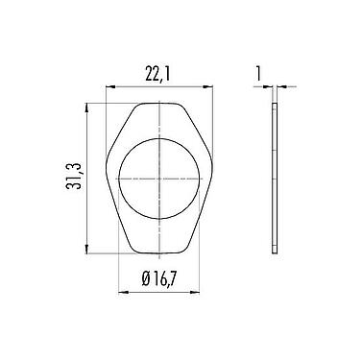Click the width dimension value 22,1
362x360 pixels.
[157, 73]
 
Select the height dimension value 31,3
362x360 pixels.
[71, 178]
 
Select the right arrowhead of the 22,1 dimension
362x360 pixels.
[208, 87]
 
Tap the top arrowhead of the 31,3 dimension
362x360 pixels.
[87, 107]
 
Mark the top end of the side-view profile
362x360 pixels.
[274, 105]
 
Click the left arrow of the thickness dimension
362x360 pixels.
[268, 87]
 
